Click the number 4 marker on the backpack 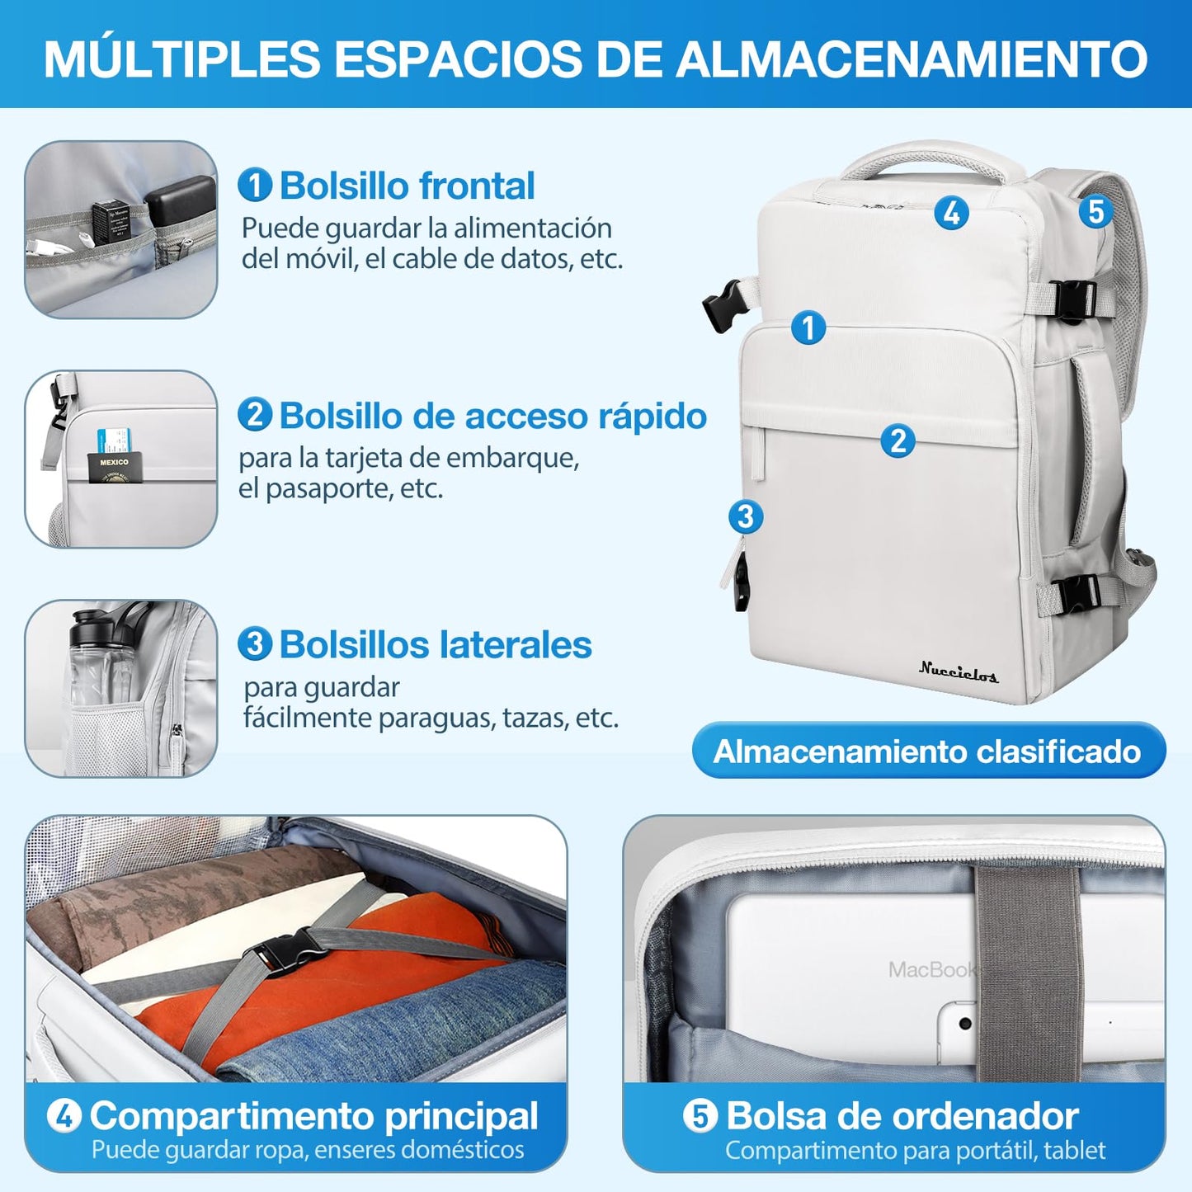951,213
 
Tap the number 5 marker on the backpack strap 1095,211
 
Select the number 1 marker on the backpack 808,327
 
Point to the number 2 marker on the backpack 898,441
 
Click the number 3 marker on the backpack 745,517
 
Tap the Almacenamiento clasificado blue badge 928,751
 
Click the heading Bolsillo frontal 407,186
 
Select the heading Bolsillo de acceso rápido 492,416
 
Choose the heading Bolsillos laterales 435,645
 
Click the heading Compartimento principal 313,1115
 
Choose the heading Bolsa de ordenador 902,1115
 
